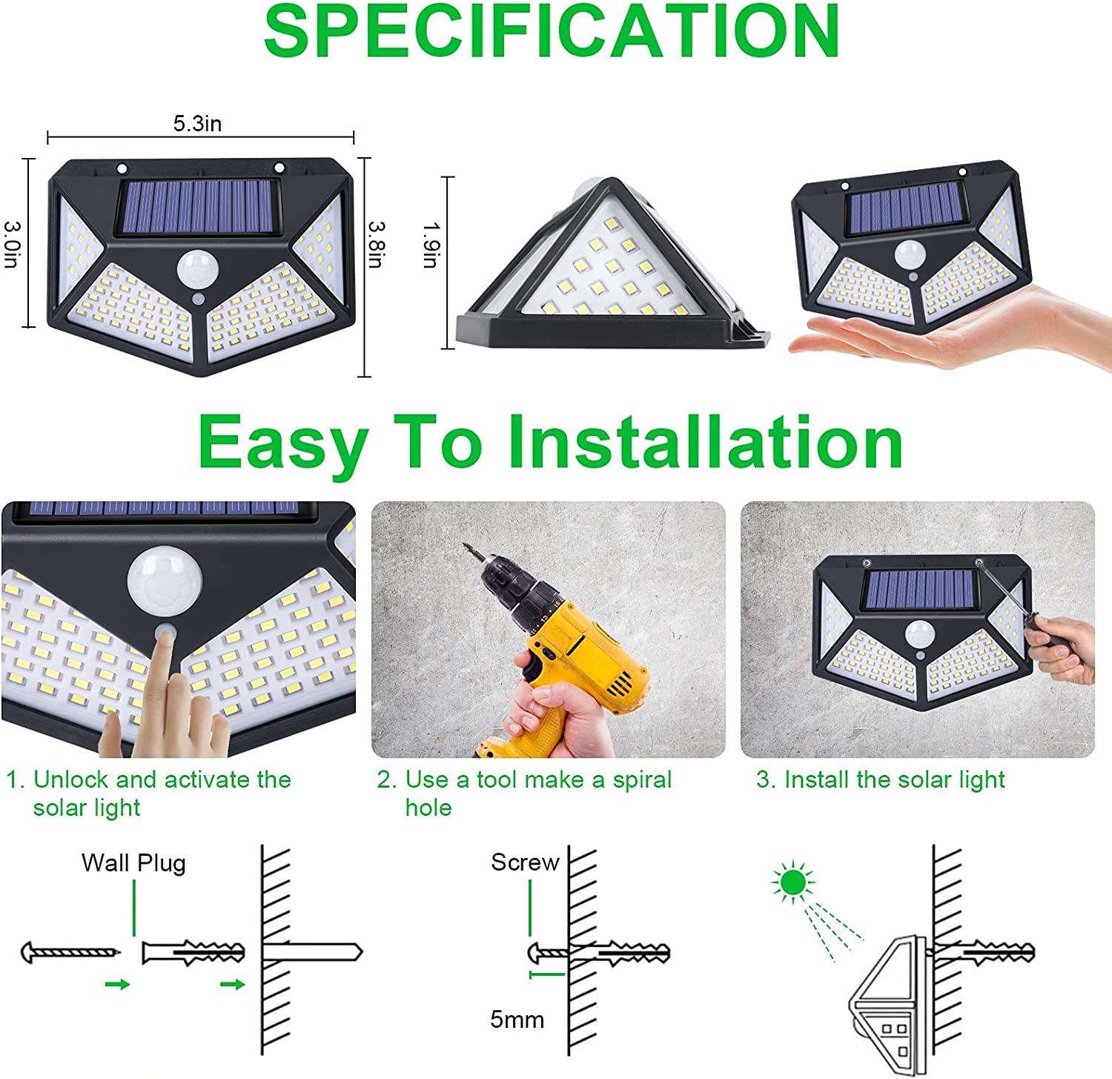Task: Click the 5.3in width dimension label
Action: point(197,123)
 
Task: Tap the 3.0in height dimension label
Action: point(13,244)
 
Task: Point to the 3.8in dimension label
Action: point(377,244)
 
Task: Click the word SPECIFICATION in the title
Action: point(552,31)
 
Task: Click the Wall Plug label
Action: point(133,863)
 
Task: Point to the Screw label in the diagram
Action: point(524,862)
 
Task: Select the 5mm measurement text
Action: point(517,1020)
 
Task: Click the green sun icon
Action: point(792,882)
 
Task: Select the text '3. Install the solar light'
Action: point(880,779)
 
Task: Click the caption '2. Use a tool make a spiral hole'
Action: point(523,793)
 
